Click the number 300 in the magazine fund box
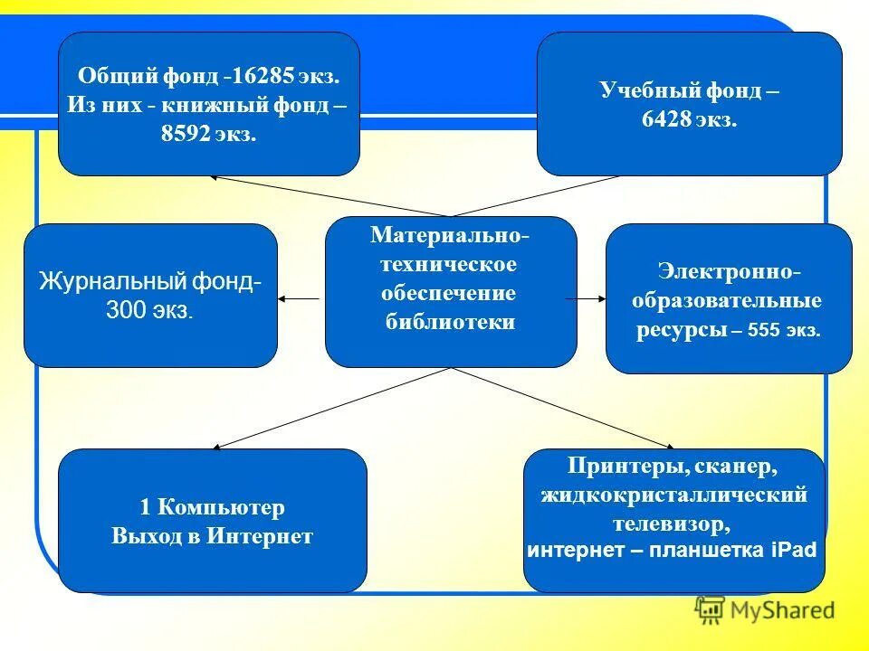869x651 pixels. point(125,311)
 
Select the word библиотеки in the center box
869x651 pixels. point(450,322)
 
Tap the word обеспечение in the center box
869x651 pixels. point(450,293)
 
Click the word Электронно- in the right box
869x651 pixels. point(729,272)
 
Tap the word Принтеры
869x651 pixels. point(617,467)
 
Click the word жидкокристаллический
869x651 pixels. point(674,495)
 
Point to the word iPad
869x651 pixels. point(797,551)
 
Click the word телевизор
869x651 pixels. point(673,523)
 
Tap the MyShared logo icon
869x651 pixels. point(710,611)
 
